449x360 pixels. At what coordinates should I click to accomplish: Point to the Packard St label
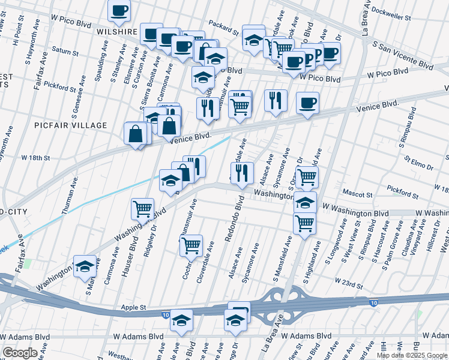(x=224, y=28)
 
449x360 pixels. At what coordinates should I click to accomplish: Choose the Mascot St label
(x=357, y=194)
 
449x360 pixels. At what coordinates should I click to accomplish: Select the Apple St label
(x=134, y=307)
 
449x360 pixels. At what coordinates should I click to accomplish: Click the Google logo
(x=20, y=353)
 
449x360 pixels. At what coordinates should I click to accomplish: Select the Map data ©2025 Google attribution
(x=411, y=355)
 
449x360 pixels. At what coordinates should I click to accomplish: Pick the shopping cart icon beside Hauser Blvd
(x=143, y=208)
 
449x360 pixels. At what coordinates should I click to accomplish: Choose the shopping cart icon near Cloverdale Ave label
(x=191, y=244)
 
